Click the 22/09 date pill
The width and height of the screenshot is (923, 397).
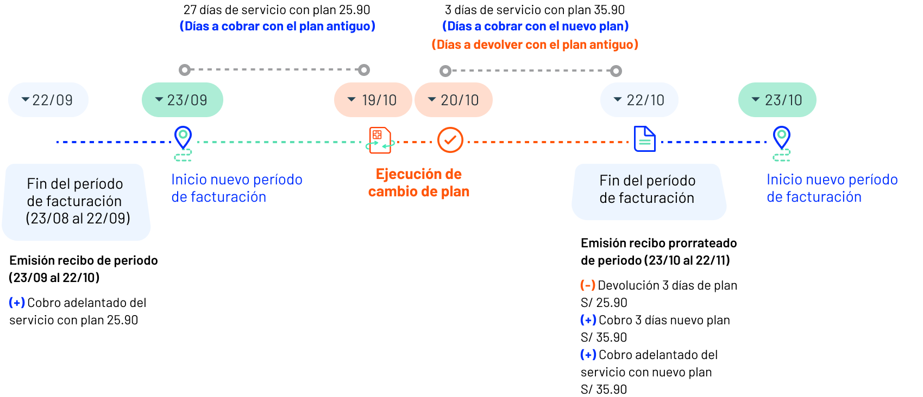point(48,100)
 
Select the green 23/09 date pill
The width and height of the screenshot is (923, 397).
point(182,100)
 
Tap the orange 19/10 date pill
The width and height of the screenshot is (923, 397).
point(373,100)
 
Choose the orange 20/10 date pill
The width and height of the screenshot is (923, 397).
point(454,100)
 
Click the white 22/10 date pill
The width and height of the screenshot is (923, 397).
point(639,100)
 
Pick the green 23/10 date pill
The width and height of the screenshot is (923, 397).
point(777,100)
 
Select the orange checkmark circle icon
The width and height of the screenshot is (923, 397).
point(450,140)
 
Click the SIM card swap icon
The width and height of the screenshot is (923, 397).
point(380,140)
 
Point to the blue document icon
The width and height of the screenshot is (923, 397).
point(645,139)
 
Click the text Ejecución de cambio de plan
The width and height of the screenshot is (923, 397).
point(419,183)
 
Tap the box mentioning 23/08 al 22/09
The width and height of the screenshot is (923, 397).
point(77,202)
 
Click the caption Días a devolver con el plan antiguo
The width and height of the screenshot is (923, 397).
point(535,44)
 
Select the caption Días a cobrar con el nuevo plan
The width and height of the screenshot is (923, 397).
point(536,26)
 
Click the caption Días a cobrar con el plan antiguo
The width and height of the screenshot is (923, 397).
point(277,26)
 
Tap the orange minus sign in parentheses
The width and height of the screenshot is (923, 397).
point(588,285)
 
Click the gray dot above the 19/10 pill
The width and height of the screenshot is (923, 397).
point(364,69)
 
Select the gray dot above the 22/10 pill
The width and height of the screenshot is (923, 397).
point(616,71)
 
